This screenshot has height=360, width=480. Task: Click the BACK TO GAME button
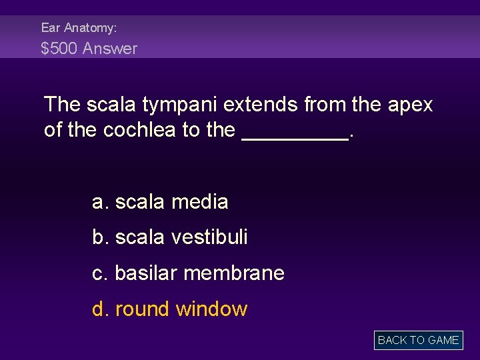click(418, 340)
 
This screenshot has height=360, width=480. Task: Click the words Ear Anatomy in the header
click(79, 28)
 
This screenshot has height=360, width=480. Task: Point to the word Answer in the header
click(110, 49)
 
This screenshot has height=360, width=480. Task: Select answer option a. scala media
click(160, 201)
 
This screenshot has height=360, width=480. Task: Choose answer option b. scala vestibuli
click(169, 237)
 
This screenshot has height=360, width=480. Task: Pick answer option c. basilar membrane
click(188, 273)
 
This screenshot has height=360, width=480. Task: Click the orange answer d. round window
click(169, 309)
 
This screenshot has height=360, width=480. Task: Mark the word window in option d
click(211, 309)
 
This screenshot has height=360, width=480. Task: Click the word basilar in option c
click(146, 273)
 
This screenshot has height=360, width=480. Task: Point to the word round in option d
click(143, 309)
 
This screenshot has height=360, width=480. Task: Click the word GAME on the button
click(443, 340)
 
